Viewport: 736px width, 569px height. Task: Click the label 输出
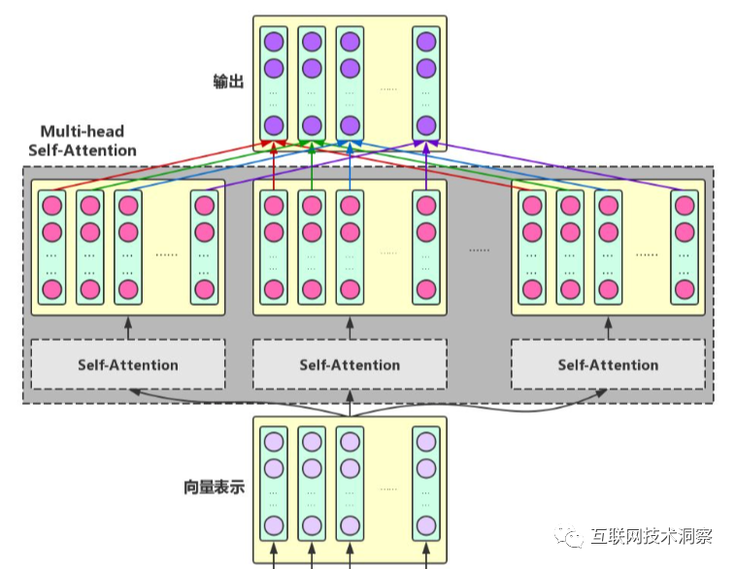pyautogui.click(x=227, y=82)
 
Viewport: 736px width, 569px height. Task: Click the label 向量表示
pyautogui.click(x=214, y=486)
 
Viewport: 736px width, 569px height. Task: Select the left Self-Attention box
pyautogui.click(x=128, y=365)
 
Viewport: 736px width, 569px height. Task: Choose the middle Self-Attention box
pyautogui.click(x=350, y=365)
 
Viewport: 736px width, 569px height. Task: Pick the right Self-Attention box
pyautogui.click(x=608, y=365)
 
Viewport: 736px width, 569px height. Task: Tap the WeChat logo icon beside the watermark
pyautogui.click(x=571, y=537)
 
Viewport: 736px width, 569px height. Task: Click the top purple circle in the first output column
pyautogui.click(x=274, y=42)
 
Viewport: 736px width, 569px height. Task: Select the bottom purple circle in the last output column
pyautogui.click(x=425, y=125)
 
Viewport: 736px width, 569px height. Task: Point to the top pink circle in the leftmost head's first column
pyautogui.click(x=52, y=206)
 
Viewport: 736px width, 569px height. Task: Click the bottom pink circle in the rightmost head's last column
pyautogui.click(x=686, y=289)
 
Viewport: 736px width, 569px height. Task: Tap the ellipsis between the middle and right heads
pyautogui.click(x=480, y=250)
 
